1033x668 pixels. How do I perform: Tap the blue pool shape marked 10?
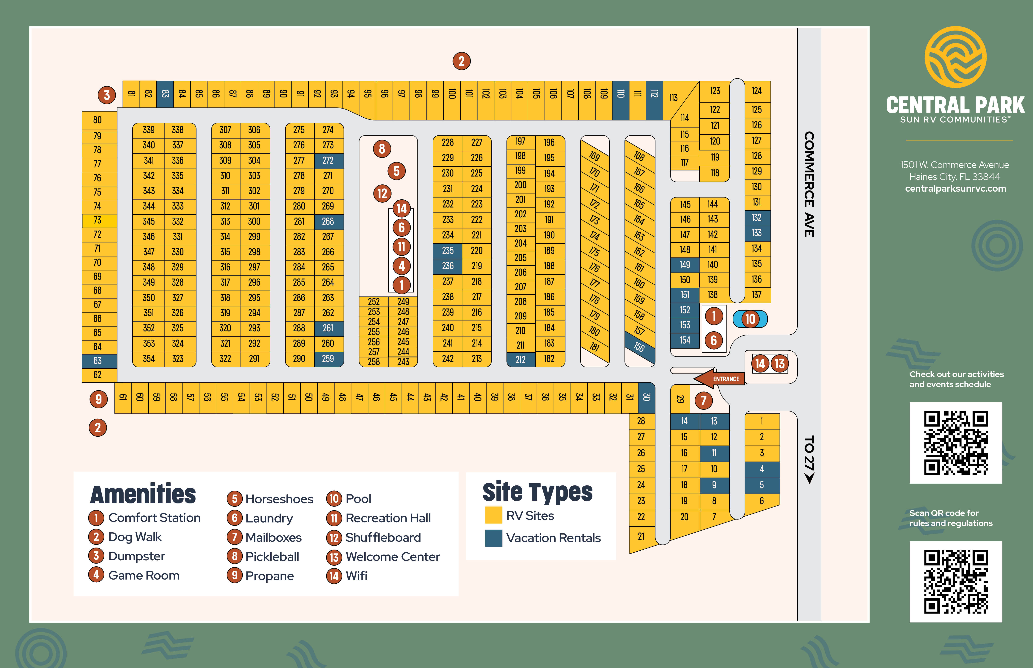[x=750, y=319]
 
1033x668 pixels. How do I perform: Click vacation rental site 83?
[x=165, y=94]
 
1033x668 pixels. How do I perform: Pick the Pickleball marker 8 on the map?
[x=382, y=149]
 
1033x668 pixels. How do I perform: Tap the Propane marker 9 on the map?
[x=98, y=399]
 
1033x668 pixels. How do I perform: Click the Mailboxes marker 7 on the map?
[x=704, y=400]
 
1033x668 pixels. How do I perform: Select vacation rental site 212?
[x=521, y=360]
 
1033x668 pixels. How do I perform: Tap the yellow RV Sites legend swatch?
[x=493, y=515]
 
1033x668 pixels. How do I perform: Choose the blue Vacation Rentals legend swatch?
[x=493, y=538]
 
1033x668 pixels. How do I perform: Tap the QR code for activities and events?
[x=956, y=443]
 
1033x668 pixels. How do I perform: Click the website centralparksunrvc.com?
[x=955, y=189]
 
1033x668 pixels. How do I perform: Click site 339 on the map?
[x=149, y=130]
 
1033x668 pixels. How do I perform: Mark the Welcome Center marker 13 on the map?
[x=780, y=364]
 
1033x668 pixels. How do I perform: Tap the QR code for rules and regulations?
[x=956, y=582]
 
